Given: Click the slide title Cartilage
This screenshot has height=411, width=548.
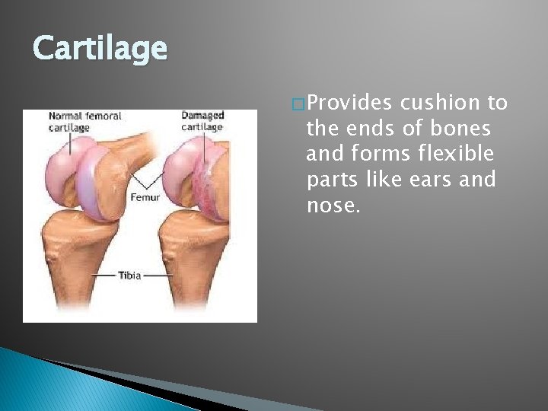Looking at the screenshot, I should click(x=100, y=49).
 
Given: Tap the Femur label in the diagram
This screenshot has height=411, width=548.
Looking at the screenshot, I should click(x=145, y=196).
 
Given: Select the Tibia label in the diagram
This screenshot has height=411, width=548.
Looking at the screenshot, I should click(x=129, y=276).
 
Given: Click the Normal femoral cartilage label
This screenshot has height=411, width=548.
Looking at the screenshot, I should click(x=84, y=122).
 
